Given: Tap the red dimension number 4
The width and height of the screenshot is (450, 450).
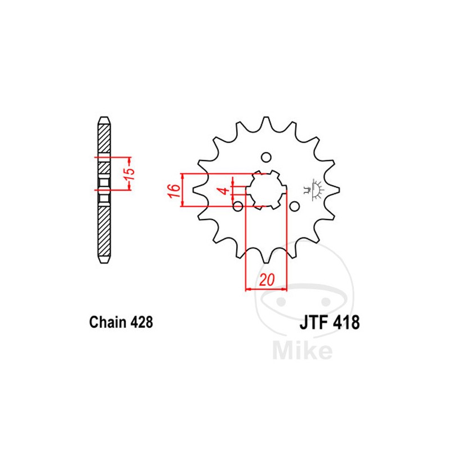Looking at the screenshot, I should [226, 191].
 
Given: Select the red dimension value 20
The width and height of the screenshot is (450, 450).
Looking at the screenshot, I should [267, 280].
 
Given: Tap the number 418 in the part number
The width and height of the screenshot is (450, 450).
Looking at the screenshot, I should [344, 325].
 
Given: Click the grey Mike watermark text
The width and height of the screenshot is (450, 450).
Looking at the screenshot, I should [302, 351].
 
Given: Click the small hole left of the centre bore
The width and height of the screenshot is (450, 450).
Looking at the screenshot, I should [238, 205].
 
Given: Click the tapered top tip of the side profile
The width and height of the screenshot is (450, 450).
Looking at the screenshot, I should [103, 120].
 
